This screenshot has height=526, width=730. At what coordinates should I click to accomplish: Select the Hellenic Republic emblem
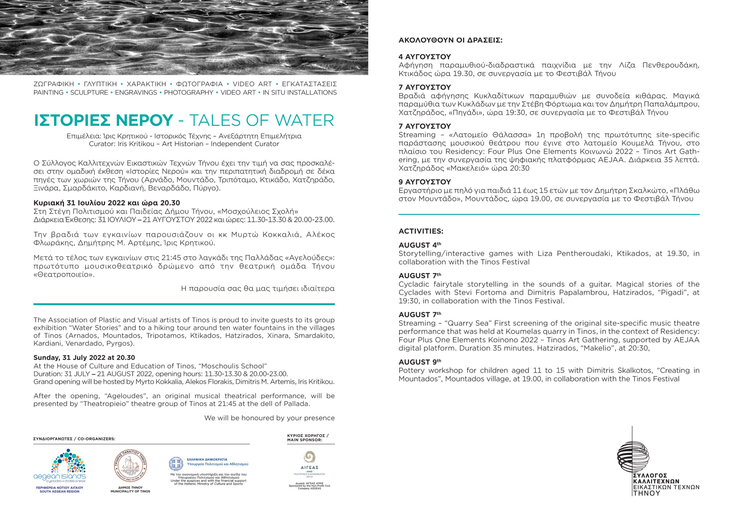tap(176, 464)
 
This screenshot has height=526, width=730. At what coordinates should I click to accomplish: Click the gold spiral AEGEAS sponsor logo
tap(309, 457)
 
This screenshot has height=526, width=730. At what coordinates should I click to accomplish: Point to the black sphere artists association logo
tap(633, 457)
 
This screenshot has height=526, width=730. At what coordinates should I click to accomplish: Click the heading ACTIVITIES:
tap(421, 231)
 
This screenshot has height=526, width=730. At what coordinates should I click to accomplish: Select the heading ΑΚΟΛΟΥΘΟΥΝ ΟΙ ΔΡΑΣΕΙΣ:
tap(450, 40)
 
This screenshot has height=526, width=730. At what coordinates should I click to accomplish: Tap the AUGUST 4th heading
tap(420, 245)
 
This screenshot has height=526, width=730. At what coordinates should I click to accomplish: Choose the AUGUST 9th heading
tap(420, 362)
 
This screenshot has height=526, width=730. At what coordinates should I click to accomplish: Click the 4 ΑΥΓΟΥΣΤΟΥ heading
tap(425, 57)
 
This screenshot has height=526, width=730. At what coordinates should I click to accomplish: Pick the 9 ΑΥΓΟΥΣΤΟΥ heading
tap(425, 182)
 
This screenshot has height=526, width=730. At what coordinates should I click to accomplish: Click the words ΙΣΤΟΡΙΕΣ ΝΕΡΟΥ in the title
tap(103, 120)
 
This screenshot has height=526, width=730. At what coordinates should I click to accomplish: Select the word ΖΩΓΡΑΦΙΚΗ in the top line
tap(54, 84)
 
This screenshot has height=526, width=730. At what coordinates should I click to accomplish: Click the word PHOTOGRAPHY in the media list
tap(188, 93)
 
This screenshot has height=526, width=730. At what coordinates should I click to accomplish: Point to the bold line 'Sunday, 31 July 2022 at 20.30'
tap(84, 358)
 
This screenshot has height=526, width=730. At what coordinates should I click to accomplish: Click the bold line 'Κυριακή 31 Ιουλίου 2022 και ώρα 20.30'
tap(107, 203)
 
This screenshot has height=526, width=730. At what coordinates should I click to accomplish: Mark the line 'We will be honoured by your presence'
tap(269, 418)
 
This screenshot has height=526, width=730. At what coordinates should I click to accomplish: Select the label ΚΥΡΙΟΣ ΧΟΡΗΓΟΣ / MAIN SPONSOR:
tap(308, 438)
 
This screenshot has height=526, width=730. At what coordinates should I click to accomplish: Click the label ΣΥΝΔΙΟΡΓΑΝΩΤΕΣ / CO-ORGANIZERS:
tap(74, 439)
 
